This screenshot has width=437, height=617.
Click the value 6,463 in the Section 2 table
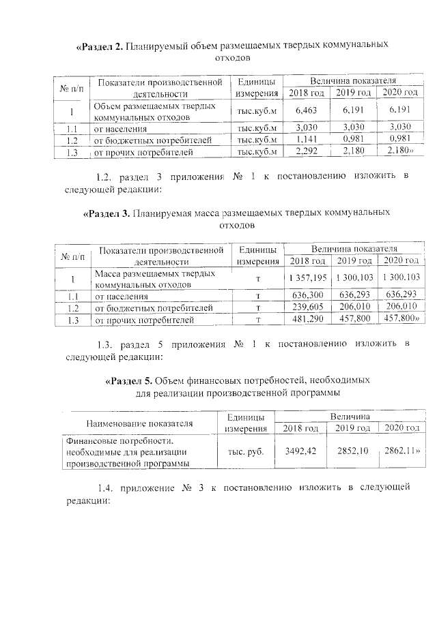click(306, 110)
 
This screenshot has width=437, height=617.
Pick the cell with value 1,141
click(306, 140)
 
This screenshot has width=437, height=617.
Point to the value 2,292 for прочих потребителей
click(306, 152)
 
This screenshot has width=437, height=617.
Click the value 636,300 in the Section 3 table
click(307, 295)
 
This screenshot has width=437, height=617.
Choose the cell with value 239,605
click(307, 307)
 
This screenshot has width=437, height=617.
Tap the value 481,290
click(307, 319)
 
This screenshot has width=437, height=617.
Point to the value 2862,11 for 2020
click(401, 451)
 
